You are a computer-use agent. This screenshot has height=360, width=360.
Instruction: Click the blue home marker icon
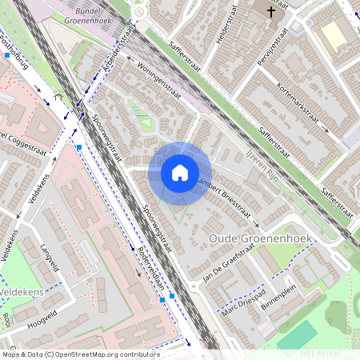click(180, 173)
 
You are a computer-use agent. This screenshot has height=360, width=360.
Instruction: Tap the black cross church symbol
click(272, 12)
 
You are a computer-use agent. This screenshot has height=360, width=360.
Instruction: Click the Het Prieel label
click(321, 352)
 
